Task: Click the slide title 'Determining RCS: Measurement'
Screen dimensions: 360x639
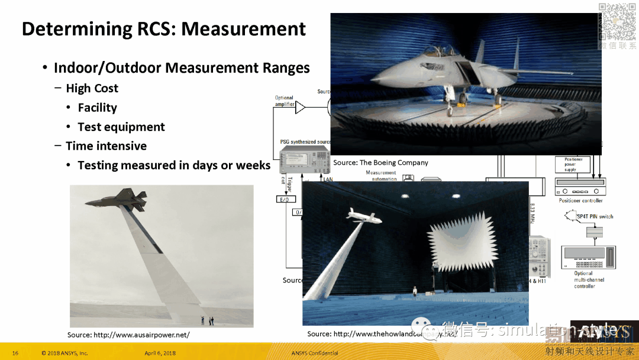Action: click(164, 29)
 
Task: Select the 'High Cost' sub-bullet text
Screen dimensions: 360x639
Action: click(92, 88)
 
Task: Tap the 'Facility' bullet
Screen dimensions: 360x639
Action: click(97, 108)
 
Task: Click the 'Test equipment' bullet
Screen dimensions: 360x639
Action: click(121, 127)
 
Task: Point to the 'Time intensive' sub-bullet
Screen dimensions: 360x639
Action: click(106, 146)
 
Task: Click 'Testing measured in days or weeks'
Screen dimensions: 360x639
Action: click(174, 166)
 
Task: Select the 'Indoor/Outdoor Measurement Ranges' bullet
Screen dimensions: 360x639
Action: click(182, 68)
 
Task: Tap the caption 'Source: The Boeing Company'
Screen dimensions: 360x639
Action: click(380, 162)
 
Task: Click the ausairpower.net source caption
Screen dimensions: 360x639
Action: click(128, 335)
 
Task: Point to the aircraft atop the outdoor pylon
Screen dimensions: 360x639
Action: click(127, 200)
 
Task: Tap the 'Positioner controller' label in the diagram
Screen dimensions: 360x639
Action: click(580, 201)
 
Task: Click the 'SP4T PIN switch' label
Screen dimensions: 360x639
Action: click(595, 217)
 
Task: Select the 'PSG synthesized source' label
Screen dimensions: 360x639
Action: click(305, 142)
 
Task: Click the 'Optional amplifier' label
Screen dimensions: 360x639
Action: click(284, 101)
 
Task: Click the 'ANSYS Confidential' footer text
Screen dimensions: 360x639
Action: click(315, 353)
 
